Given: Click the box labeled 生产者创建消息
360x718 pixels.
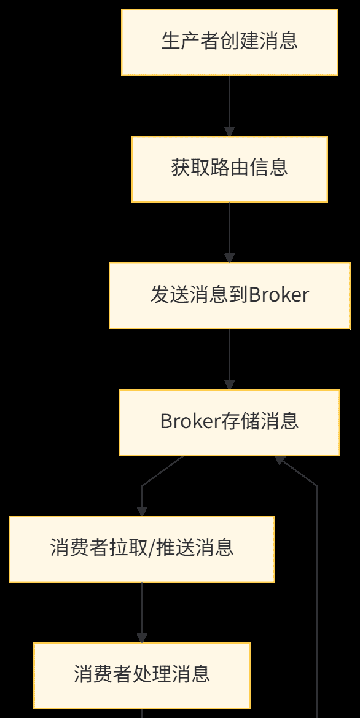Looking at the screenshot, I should tap(229, 42).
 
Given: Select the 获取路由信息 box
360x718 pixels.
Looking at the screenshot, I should tap(229, 169).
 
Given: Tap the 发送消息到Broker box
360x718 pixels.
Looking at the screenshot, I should tap(229, 295).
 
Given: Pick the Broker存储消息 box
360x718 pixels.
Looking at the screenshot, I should tap(229, 422).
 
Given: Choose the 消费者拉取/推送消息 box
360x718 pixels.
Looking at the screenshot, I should tap(141, 548).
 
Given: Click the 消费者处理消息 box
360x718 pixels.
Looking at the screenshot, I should tap(141, 675).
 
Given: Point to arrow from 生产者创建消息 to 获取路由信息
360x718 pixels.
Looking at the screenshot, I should tap(229, 104).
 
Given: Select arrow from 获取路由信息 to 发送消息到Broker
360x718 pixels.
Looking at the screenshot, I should tap(229, 231).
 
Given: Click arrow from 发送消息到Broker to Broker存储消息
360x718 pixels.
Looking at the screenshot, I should tap(229, 357).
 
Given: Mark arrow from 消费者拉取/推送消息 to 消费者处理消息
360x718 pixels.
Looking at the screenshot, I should tap(142, 611).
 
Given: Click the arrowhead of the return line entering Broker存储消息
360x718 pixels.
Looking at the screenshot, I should tap(280, 460).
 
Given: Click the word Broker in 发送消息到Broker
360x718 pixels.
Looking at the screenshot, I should tap(279, 295).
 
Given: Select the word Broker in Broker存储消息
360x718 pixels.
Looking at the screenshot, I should tap(190, 421).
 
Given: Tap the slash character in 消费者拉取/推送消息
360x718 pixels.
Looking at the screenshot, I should tap(153, 548).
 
